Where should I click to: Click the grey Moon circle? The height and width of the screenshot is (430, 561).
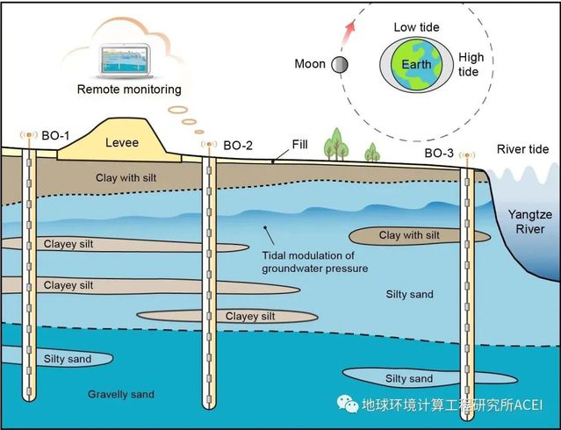coord(339,64)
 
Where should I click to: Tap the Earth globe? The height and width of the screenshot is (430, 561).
coord(417,65)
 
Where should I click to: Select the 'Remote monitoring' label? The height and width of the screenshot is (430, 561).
coord(129,89)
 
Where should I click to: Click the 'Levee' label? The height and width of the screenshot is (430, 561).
coord(122,140)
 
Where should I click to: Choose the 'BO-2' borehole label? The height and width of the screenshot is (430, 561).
coord(238,145)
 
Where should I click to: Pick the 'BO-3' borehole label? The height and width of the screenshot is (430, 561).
coord(440,154)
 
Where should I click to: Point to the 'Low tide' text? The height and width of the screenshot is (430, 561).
coord(417,27)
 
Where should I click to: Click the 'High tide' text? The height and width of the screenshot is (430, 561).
coord(471,65)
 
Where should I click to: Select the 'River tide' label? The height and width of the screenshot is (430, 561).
coord(523,148)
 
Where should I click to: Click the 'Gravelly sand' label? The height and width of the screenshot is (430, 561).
coord(121,394)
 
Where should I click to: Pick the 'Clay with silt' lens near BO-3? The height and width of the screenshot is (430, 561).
coord(409,235)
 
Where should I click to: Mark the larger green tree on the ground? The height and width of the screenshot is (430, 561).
coord(334,145)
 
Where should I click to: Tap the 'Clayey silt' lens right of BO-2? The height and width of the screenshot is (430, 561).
coord(250,316)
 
